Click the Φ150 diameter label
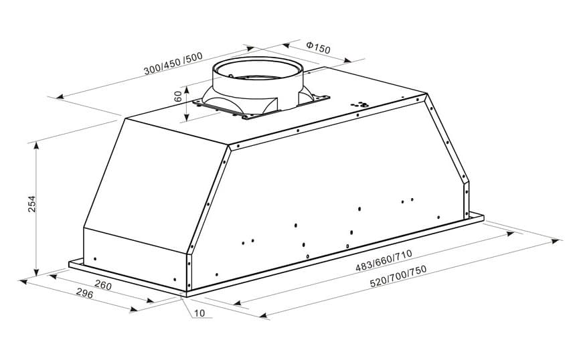318,48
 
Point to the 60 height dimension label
178,96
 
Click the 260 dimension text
103,286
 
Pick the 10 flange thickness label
200,314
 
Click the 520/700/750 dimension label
398,274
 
